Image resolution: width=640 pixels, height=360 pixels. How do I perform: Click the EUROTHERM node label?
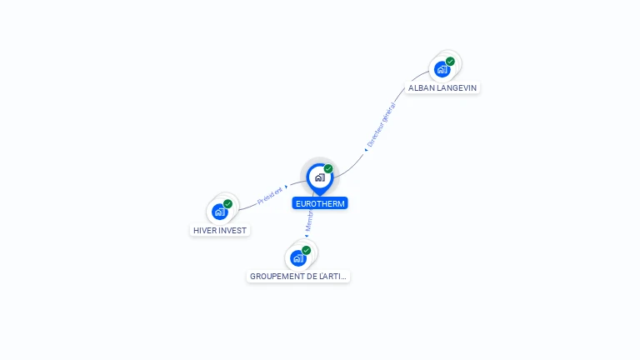pyautogui.click(x=320, y=203)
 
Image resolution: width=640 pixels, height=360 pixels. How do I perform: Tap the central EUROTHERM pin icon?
pyautogui.click(x=319, y=177)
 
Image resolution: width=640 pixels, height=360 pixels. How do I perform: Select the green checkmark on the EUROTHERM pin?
pyautogui.click(x=328, y=169)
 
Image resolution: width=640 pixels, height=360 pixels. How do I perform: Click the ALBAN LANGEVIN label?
pyautogui.click(x=442, y=87)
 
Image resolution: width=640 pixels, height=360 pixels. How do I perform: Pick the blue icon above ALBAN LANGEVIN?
pyautogui.click(x=442, y=69)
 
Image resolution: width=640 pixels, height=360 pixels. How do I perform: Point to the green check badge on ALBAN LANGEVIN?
pyautogui.click(x=450, y=62)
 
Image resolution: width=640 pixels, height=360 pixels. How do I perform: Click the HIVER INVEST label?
pyautogui.click(x=220, y=230)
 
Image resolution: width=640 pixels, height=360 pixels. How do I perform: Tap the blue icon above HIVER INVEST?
pyautogui.click(x=220, y=212)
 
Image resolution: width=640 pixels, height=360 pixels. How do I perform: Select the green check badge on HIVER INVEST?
pyautogui.click(x=227, y=204)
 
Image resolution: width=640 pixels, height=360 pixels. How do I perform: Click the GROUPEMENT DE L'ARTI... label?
pyautogui.click(x=298, y=276)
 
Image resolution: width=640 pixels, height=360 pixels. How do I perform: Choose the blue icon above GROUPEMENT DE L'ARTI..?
pyautogui.click(x=298, y=257)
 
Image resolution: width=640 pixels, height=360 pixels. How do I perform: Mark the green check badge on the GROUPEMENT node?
pyautogui.click(x=306, y=250)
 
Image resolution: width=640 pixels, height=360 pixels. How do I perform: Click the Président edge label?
pyautogui.click(x=270, y=196)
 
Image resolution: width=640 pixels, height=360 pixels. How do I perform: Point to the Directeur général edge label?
pyautogui.click(x=381, y=125)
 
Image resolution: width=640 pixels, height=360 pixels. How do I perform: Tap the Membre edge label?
pyautogui.click(x=308, y=220)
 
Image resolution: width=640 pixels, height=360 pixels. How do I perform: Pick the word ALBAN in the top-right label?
pyautogui.click(x=421, y=87)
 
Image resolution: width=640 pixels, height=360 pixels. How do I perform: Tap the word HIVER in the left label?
pyautogui.click(x=204, y=230)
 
